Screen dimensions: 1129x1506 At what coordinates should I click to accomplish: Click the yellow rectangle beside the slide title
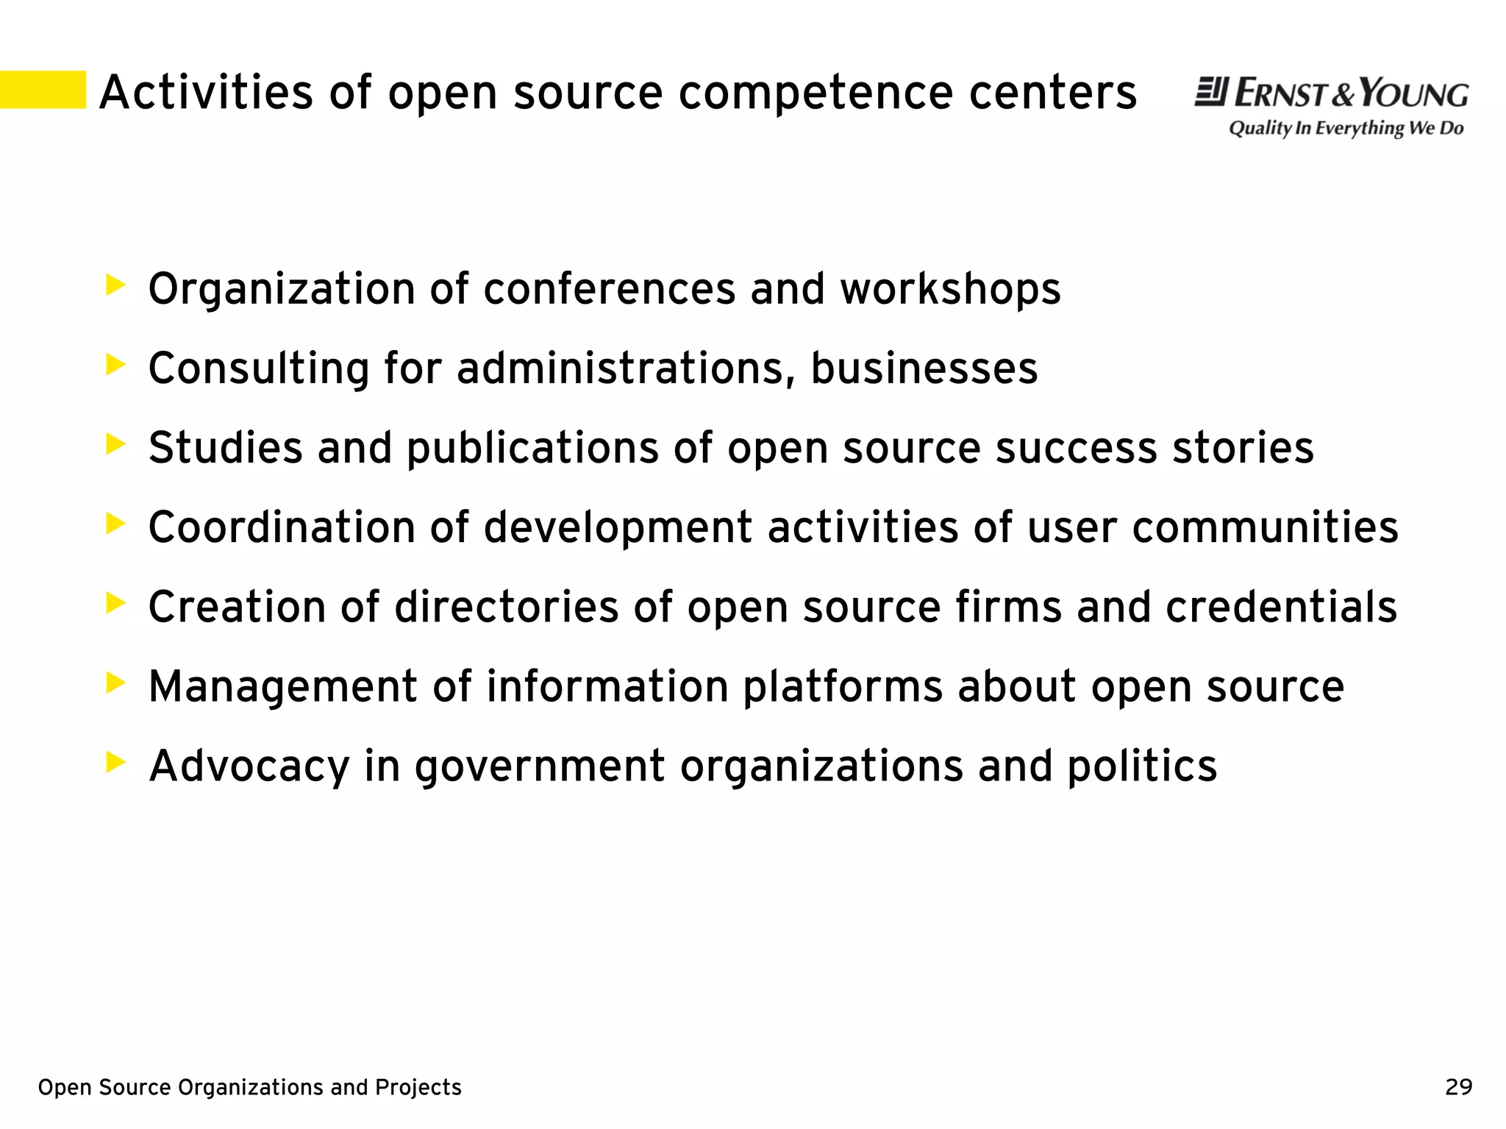click(43, 90)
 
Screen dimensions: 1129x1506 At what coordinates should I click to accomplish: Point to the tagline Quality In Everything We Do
click(1346, 129)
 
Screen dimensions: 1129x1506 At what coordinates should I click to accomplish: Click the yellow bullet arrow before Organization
click(115, 285)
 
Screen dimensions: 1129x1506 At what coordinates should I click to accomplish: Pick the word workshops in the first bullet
click(950, 288)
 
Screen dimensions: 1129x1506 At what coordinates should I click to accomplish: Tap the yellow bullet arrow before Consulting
click(115, 365)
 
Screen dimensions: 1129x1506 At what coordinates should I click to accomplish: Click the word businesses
click(924, 368)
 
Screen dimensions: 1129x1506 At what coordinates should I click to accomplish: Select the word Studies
click(225, 447)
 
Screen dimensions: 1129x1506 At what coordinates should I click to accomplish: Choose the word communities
click(1265, 527)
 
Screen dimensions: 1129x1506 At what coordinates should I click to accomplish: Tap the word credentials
click(1281, 607)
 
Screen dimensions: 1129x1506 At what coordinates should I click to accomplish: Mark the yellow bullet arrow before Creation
click(115, 604)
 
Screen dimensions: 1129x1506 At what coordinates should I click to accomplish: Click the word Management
click(283, 687)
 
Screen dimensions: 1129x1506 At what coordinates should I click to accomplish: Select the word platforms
click(843, 687)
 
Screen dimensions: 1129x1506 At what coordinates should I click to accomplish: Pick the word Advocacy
click(249, 766)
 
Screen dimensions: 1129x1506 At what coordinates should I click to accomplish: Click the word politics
click(1141, 766)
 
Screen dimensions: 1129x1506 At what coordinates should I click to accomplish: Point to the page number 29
click(1458, 1087)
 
